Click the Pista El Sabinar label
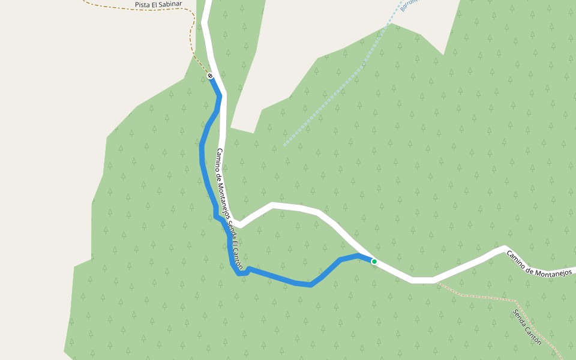click(x=158, y=5)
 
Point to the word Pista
click(x=142, y=5)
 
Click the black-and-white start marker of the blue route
click(x=210, y=76)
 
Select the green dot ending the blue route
click(x=374, y=262)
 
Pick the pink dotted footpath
click(x=480, y=295)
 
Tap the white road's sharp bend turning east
click(x=239, y=225)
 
